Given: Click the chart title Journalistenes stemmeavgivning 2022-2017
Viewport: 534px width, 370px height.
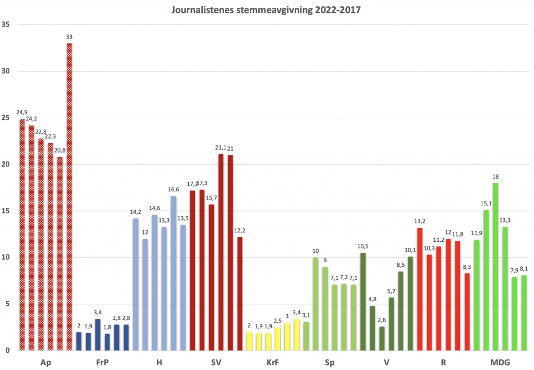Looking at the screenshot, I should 266,9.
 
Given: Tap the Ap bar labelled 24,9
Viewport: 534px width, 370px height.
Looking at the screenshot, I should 22,235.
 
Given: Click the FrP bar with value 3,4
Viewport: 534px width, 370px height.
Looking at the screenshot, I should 98,335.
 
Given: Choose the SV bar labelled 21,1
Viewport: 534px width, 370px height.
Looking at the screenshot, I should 221,252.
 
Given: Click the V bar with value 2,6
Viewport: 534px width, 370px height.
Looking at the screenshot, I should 382,338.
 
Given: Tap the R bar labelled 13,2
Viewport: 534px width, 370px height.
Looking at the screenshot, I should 420,289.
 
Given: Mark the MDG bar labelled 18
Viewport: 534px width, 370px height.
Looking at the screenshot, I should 495,266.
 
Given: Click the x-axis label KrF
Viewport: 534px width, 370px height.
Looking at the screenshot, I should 272,362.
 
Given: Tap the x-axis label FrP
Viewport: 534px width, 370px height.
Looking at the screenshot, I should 102,362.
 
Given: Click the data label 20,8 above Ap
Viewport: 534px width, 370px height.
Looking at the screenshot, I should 60,151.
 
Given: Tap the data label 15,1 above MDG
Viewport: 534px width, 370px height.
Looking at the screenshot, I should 486,204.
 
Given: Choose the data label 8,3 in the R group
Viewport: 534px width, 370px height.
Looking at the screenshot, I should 467,267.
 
